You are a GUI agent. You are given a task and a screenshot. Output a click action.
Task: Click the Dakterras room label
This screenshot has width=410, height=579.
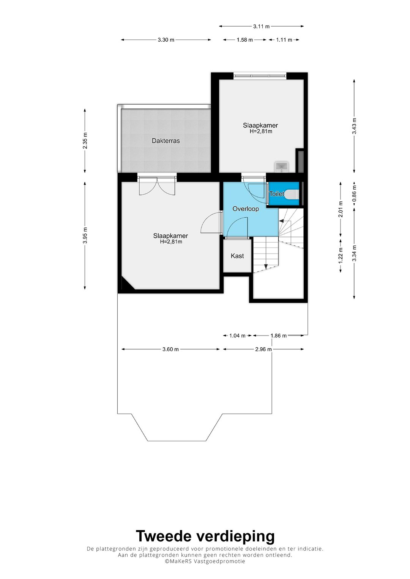coord(166,141)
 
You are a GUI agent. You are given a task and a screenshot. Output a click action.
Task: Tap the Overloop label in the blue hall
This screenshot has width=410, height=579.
coord(246,209)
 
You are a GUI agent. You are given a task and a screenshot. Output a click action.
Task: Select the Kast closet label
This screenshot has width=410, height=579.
coord(237,256)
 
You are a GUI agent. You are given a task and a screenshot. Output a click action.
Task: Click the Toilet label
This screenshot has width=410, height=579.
coord(276,194)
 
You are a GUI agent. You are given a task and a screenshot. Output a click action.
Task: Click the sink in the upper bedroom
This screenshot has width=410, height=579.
coord(281,166)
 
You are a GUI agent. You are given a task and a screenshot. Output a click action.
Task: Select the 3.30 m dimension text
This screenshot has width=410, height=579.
coord(166,40)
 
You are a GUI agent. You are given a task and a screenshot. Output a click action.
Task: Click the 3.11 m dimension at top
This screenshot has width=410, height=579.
coord(261,27)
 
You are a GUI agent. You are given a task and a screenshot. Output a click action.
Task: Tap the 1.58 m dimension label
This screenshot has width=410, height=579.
coord(244,40)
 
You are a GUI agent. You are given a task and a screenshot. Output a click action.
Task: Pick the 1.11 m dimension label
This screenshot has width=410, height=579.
coord(284,40)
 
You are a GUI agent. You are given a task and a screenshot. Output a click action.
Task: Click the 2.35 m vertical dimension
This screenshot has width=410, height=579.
coord(85,141)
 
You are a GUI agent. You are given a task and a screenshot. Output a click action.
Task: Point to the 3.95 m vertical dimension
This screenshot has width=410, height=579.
coord(85,235)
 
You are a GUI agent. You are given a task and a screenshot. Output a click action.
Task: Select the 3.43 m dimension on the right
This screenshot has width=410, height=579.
coord(354,126)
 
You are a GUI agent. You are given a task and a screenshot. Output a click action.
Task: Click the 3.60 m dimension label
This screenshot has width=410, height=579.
coord(170,349)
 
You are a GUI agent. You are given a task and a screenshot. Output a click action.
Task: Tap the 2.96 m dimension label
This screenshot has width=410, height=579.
coord(263,349)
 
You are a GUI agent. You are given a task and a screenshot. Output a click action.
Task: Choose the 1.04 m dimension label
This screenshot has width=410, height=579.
coord(237,336)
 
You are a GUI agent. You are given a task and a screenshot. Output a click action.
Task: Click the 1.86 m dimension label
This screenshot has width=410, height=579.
coord(278,336)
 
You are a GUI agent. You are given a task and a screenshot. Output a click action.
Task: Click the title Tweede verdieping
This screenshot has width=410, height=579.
coord(205,536)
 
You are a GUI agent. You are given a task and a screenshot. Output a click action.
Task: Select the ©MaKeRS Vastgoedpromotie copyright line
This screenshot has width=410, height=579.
coord(205,561)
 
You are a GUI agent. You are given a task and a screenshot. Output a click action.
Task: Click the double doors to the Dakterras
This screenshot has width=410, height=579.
coord(157,186)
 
